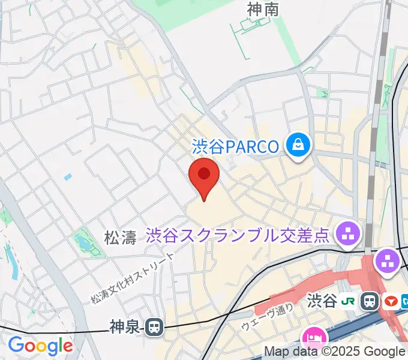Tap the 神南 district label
pyautogui.click(x=263, y=9)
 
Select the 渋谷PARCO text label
pyautogui.click(x=236, y=146)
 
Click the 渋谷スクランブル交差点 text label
pyautogui.click(x=238, y=235)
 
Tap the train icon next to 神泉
pyautogui.click(x=154, y=327)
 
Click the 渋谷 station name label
pyautogui.click(x=322, y=301)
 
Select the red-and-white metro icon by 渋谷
pyautogui.click(x=392, y=301)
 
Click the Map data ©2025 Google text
pyautogui.click(x=334, y=352)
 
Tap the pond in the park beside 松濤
pyautogui.click(x=81, y=243)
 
